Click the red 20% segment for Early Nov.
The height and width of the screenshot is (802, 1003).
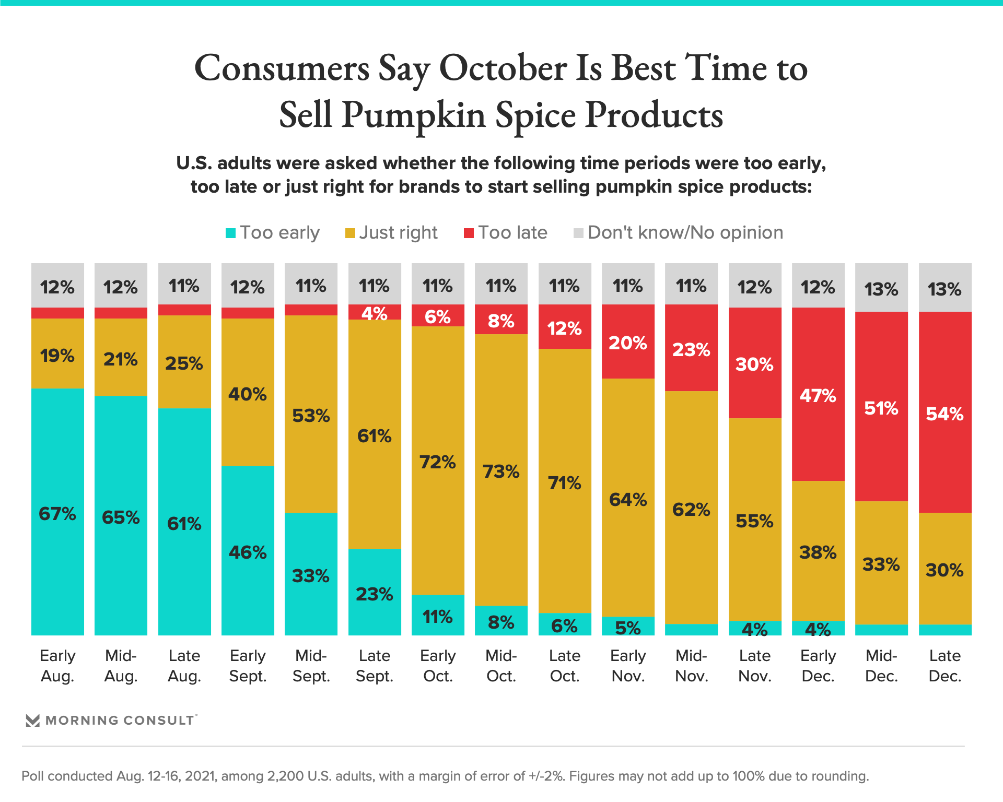[628, 342]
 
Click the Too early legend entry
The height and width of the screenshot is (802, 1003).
[273, 233]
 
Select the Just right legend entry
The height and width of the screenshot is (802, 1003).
[392, 233]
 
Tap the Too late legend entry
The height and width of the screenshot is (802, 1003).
[506, 233]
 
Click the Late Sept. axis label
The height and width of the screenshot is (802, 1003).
[375, 666]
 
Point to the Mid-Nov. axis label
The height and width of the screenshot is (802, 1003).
[692, 666]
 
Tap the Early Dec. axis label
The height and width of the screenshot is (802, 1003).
[818, 666]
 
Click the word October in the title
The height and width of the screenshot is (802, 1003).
[503, 69]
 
